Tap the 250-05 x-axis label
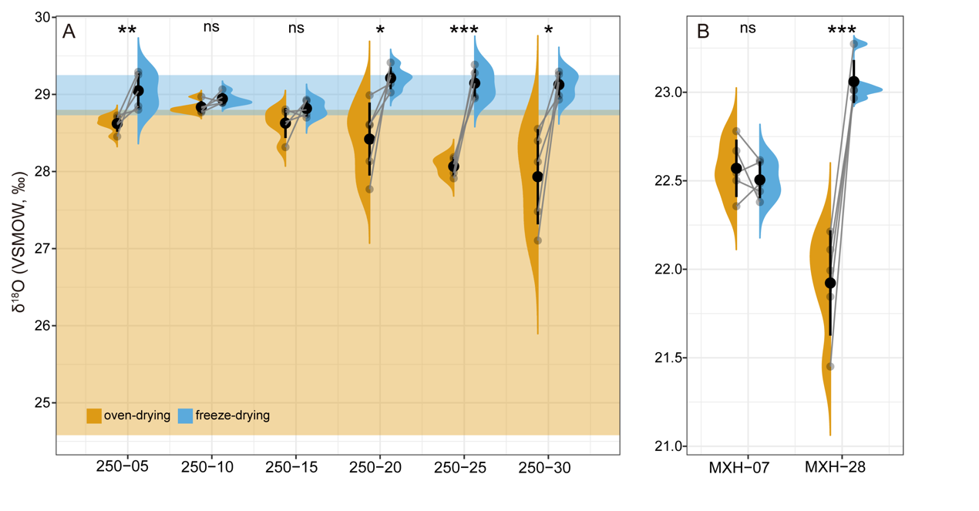(x=126, y=466)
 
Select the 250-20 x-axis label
(x=380, y=466)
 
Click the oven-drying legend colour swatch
(x=93, y=415)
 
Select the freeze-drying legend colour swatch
(x=185, y=415)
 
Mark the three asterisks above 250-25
(x=464, y=32)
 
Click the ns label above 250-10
(x=211, y=27)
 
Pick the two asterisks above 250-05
(x=127, y=32)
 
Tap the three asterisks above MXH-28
(x=842, y=32)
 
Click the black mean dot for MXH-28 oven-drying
(x=830, y=283)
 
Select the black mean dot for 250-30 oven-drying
(x=537, y=176)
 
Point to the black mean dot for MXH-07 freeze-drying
(x=760, y=180)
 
